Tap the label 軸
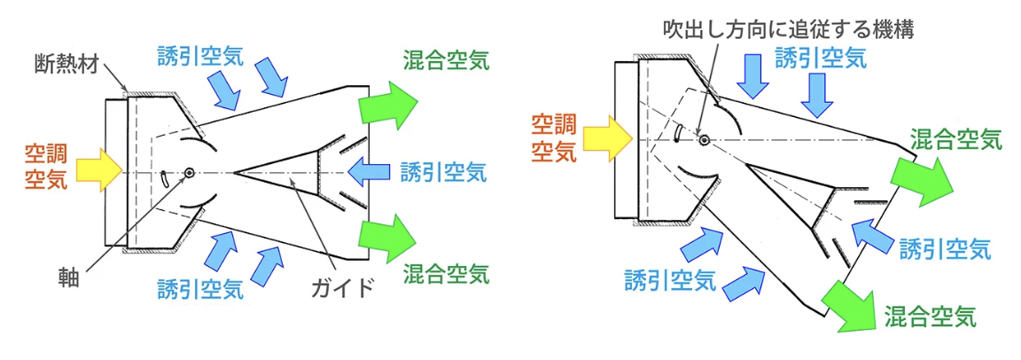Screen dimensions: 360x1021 click(x=69, y=277)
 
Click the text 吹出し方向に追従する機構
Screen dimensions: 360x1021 click(x=788, y=27)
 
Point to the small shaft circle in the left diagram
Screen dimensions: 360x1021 click(x=191, y=173)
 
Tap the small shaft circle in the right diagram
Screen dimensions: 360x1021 click(x=703, y=139)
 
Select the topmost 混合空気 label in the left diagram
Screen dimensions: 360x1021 click(x=444, y=63)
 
